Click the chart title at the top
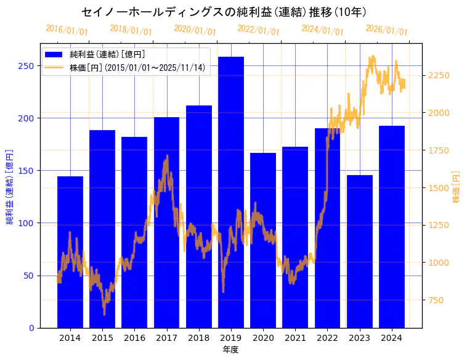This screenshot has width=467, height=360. coord(224,12)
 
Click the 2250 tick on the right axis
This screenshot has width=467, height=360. coord(439,75)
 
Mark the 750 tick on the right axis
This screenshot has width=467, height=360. coord(436,300)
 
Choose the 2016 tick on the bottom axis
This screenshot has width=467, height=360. coord(134,338)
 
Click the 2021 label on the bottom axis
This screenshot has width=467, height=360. coord(295,338)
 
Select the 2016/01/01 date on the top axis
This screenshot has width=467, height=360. coord(67,30)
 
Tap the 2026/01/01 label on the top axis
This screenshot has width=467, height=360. coord(386,30)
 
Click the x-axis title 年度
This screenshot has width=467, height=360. coord(231,350)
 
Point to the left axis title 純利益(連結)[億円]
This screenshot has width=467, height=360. coord(10,186)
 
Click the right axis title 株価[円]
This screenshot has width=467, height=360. coord(457,187)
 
